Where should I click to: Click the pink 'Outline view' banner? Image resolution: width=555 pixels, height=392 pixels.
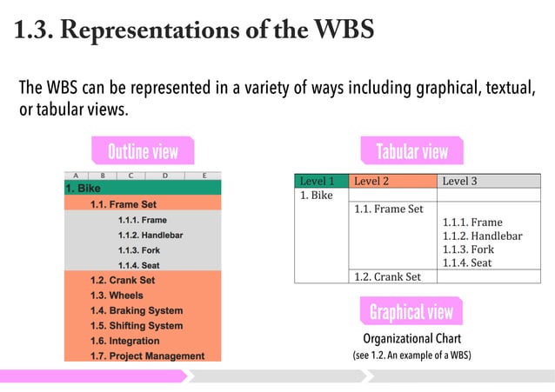[142, 152]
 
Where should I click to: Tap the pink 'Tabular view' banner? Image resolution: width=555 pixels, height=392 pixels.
[411, 152]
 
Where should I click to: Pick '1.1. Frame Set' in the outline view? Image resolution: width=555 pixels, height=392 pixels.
[124, 204]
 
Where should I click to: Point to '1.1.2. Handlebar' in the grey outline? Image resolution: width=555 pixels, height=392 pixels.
[150, 235]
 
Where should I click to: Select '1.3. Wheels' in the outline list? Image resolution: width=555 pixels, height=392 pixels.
[117, 296]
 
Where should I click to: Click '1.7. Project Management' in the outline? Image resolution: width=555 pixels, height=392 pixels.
[147, 355]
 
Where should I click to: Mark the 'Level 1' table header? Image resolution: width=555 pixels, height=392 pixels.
[317, 182]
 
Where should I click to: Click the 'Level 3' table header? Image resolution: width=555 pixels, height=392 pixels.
[459, 182]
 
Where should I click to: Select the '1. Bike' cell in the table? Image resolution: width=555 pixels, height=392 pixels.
[317, 196]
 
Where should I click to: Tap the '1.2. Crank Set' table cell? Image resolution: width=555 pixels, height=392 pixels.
[387, 276]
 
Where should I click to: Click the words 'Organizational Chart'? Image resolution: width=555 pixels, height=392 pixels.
[411, 338]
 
